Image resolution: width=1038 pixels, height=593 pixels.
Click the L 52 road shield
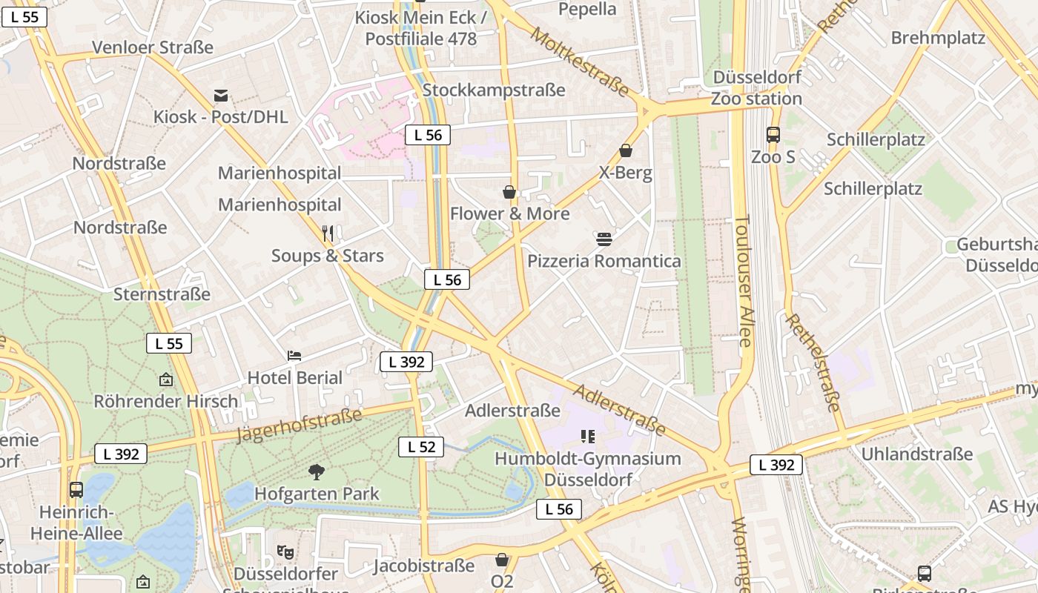421,447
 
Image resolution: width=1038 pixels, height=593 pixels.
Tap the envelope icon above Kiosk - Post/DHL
221,96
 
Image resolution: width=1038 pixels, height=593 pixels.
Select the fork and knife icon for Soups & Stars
328,233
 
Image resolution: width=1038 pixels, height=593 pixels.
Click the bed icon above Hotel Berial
294,355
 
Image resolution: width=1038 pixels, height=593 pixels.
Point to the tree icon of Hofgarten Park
317,471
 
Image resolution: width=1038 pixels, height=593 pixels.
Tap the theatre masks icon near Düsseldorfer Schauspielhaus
285,551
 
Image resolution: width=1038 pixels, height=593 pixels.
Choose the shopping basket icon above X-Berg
626,150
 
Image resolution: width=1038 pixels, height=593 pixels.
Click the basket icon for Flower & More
509,192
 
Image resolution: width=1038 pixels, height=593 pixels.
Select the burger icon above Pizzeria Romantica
604,239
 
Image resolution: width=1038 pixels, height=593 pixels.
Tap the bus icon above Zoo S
773,135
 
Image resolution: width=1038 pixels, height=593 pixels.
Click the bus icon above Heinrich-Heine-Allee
76,490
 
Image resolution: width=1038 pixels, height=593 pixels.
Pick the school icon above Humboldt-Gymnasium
588,437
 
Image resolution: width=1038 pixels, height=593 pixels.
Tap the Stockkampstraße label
493,90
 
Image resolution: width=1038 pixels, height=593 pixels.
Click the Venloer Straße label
152,47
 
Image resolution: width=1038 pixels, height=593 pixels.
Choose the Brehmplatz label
937,38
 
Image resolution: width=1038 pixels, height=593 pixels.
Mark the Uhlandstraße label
916,454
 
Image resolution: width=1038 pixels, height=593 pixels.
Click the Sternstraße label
162,294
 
